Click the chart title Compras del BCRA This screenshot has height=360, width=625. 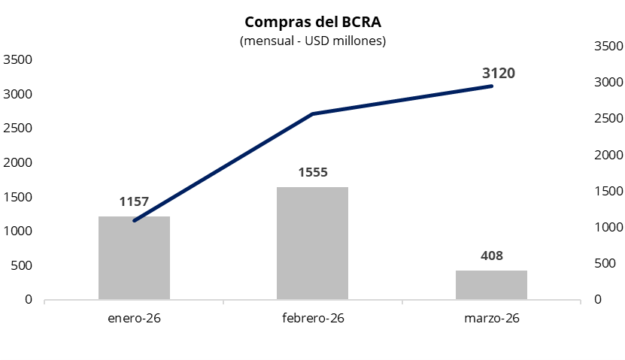[x=312, y=21]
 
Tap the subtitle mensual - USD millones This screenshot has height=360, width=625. [x=312, y=41]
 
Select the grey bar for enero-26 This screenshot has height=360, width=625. [x=134, y=258]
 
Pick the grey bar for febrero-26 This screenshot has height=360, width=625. [x=312, y=243]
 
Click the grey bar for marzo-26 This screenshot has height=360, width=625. [x=491, y=285]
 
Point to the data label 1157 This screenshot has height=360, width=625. [x=134, y=201]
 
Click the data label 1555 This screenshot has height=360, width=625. [x=313, y=172]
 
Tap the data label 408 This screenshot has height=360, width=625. [x=491, y=256]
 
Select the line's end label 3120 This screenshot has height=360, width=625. [x=499, y=73]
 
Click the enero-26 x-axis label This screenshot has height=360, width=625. [x=134, y=319]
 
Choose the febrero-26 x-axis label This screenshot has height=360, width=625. [x=313, y=319]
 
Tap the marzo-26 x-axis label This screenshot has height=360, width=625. [x=492, y=319]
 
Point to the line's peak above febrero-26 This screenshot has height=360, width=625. [x=312, y=114]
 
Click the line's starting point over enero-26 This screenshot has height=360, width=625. [x=135, y=221]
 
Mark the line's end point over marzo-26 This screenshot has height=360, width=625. [x=491, y=86]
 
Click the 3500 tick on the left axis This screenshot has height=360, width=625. [x=17, y=59]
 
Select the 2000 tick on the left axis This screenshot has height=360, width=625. [x=17, y=162]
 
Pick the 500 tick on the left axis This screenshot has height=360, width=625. [x=21, y=265]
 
